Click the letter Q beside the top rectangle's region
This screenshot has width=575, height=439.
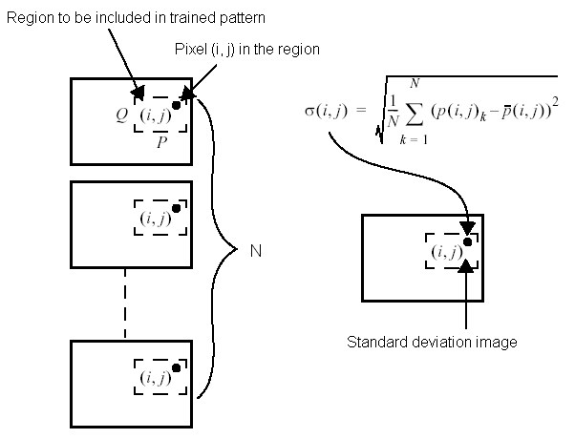coord(121,116)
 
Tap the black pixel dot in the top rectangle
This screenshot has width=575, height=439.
coord(176,104)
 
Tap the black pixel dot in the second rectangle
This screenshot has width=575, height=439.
coord(176,207)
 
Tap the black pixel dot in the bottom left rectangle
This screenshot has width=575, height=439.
coord(176,367)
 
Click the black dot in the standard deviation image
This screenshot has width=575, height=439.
coord(466,240)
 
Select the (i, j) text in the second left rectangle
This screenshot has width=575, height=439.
coord(155,219)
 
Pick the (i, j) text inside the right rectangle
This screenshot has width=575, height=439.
coord(446,252)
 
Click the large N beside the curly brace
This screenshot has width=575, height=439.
coord(255,252)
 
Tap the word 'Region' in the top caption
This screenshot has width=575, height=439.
coord(28,17)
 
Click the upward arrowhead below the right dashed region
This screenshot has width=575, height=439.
coord(466,267)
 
